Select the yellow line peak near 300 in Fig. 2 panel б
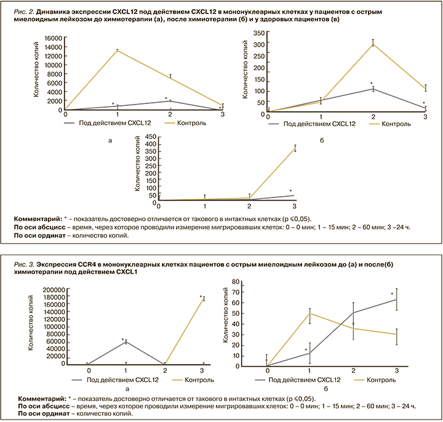(372, 44)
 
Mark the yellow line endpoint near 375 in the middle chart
(295, 148)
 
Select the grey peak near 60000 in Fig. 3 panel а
(126, 341)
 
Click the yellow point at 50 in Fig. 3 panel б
(309, 313)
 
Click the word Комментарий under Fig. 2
(40, 218)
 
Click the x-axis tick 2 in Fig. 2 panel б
(372, 117)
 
